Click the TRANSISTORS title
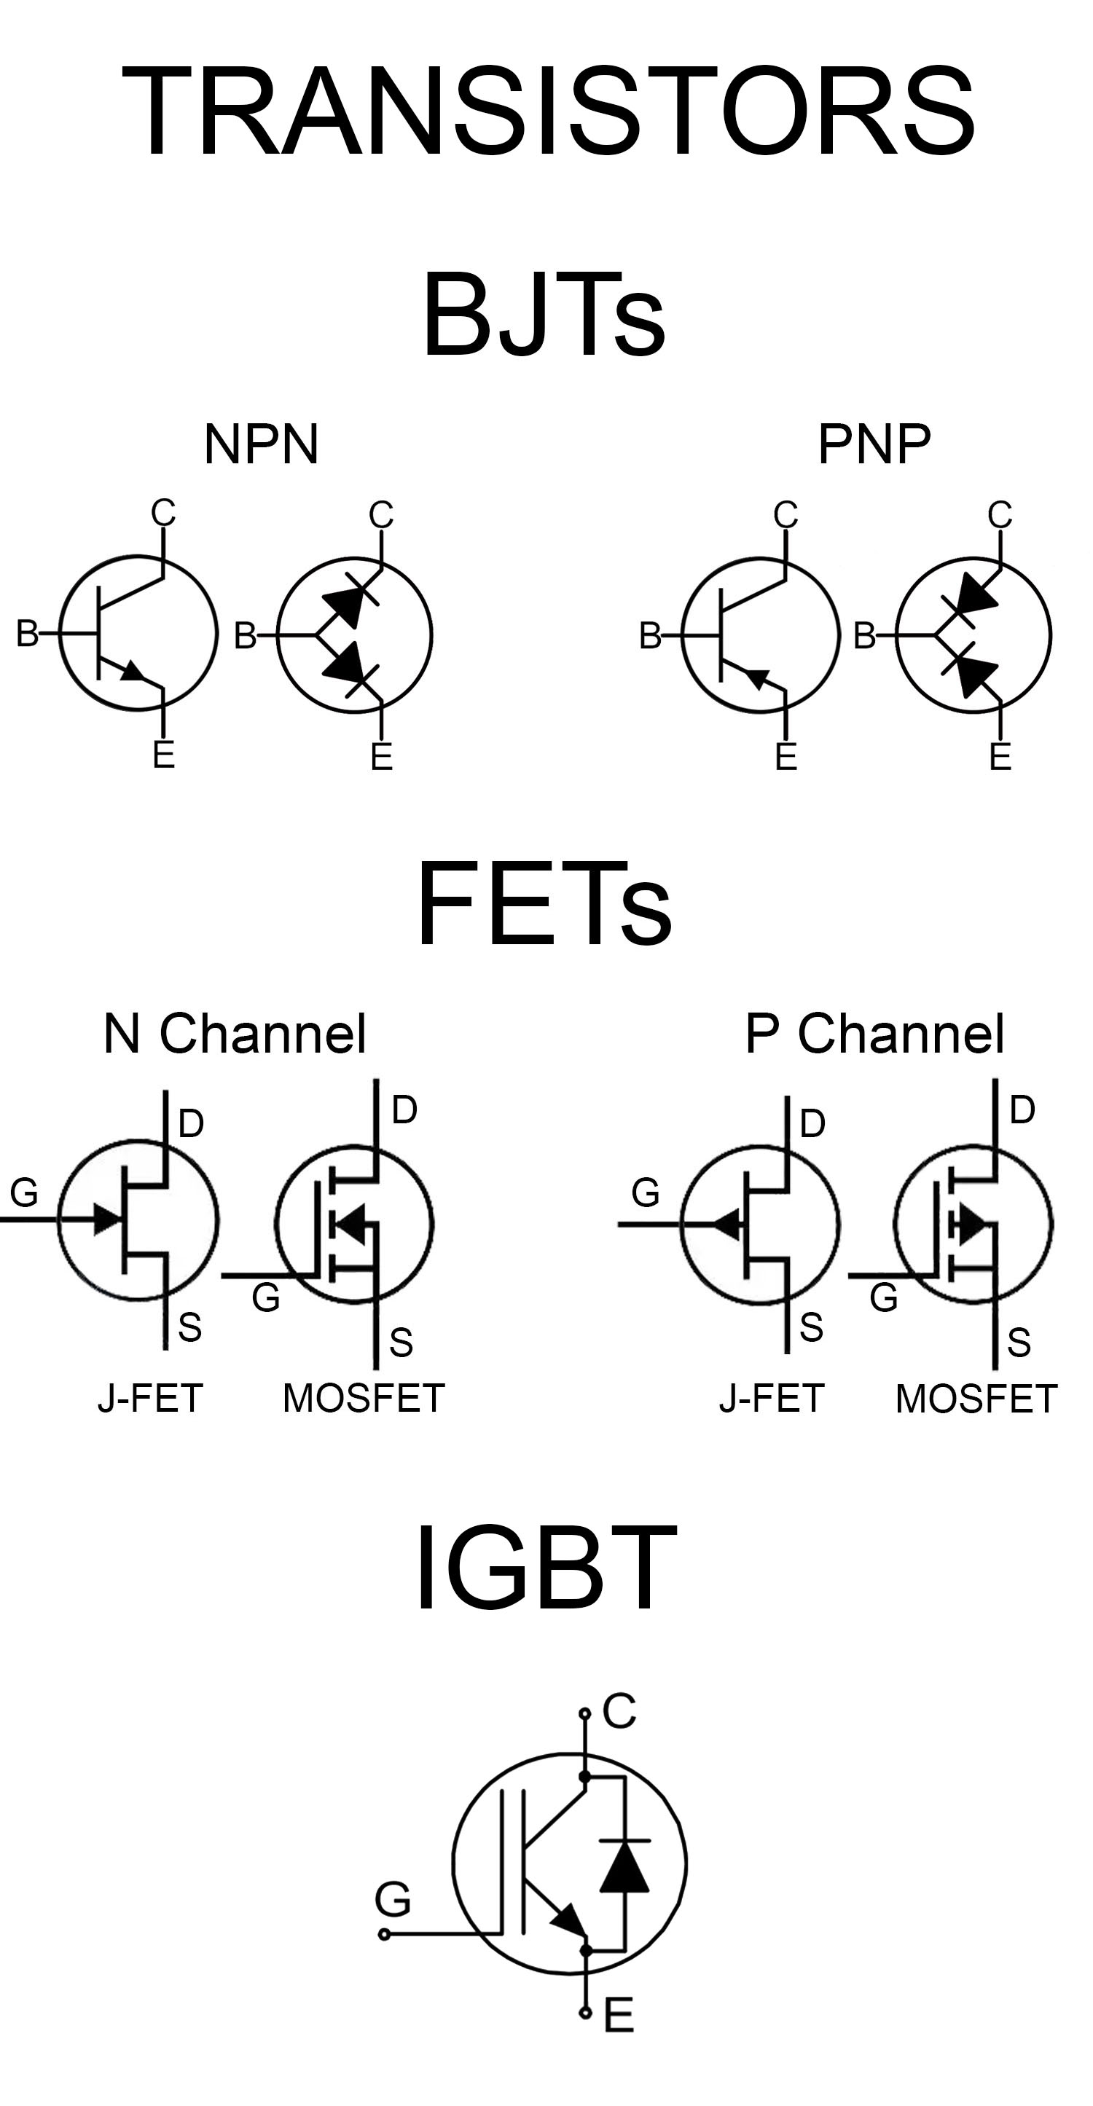[x=547, y=111]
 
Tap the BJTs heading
[x=544, y=315]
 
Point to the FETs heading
[x=544, y=903]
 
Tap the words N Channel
[x=235, y=1034]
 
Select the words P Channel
[x=874, y=1034]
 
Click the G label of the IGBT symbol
[x=393, y=1899]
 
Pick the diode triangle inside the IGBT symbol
[x=624, y=1867]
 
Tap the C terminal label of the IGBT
[x=619, y=1711]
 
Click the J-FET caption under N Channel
[x=150, y=1399]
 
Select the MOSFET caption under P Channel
[x=977, y=1399]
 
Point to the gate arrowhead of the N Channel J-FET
[x=107, y=1219]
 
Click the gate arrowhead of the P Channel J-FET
[x=729, y=1224]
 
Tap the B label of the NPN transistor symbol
[x=27, y=634]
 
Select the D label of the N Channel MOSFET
[x=404, y=1110]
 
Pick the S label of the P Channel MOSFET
[x=1019, y=1343]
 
